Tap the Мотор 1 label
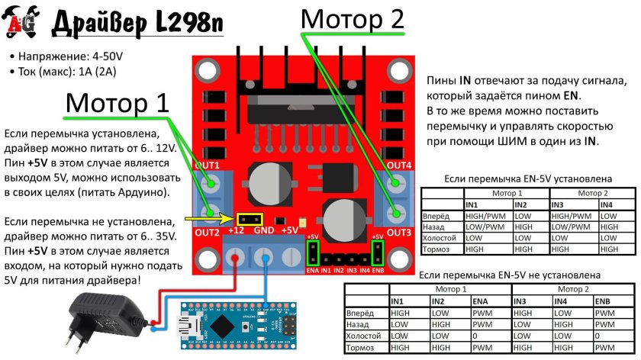(x=117, y=102)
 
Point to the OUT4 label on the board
(x=398, y=166)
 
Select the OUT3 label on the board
(x=398, y=231)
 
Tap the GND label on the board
(x=263, y=231)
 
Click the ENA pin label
(x=311, y=271)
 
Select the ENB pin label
(x=377, y=271)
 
